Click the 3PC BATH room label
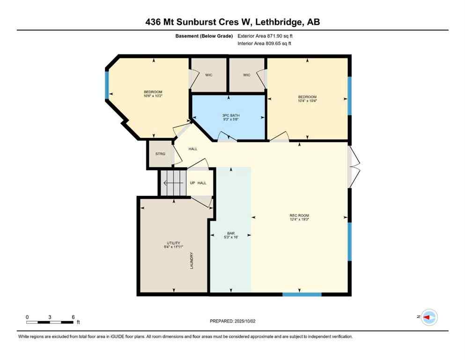229,115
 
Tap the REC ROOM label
299,216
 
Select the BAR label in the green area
230,233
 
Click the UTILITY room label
173,243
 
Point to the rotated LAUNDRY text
192,261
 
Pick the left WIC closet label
209,75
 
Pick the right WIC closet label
247,75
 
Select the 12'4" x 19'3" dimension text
299,219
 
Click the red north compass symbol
428,317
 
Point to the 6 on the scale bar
73,317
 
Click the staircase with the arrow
172,182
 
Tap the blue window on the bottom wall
302,294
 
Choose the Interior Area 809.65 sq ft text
265,44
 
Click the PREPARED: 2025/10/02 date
233,321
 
